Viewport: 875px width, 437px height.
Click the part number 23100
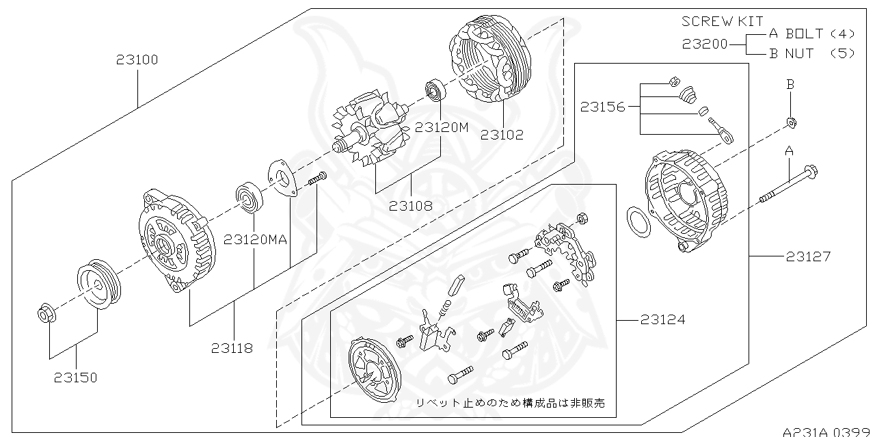coord(137,60)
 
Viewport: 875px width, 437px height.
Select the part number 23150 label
coord(76,378)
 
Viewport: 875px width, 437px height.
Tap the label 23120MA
coord(255,239)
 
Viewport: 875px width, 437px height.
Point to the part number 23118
coord(232,348)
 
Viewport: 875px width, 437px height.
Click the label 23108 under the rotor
coord(410,204)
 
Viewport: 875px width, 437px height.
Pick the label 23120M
coord(442,127)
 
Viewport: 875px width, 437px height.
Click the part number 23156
coord(603,107)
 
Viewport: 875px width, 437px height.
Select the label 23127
coord(808,256)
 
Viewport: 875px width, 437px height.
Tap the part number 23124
coord(662,319)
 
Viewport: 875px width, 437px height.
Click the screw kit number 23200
coord(704,44)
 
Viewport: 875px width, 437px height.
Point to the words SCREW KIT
coord(722,22)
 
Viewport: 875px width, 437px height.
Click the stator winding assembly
coord(488,62)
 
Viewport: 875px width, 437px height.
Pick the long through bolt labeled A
coord(786,185)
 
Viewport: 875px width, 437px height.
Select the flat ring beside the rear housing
coord(639,224)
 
